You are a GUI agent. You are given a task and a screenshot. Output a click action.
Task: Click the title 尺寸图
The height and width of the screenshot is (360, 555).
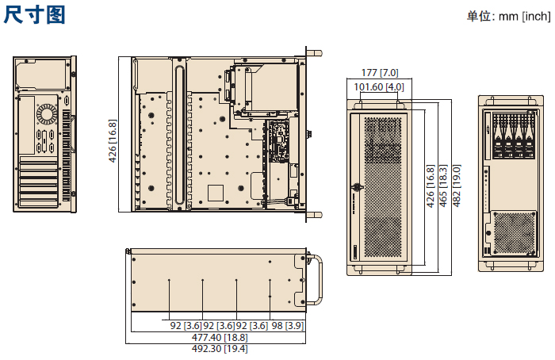tap(34, 15)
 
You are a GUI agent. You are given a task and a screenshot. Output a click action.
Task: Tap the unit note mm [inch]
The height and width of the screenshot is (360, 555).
tap(525, 17)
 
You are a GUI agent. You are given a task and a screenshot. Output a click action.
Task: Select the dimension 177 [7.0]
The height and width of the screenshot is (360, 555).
tap(380, 73)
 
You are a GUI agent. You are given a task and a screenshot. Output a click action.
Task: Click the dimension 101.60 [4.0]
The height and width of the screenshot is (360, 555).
tap(379, 86)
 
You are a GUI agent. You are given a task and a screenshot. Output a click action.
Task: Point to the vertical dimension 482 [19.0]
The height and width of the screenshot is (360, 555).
tap(457, 186)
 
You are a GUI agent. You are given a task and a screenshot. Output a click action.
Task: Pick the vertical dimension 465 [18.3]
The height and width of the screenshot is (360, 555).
tap(443, 186)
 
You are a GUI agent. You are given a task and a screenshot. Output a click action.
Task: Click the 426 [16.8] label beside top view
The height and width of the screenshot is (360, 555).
tap(113, 141)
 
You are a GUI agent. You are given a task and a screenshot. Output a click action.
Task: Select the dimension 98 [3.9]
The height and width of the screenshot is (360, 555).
tap(287, 326)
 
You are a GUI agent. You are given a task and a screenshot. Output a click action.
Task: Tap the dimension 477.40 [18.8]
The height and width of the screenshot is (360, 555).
tap(220, 337)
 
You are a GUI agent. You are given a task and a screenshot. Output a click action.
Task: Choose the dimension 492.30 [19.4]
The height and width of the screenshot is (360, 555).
tap(220, 349)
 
